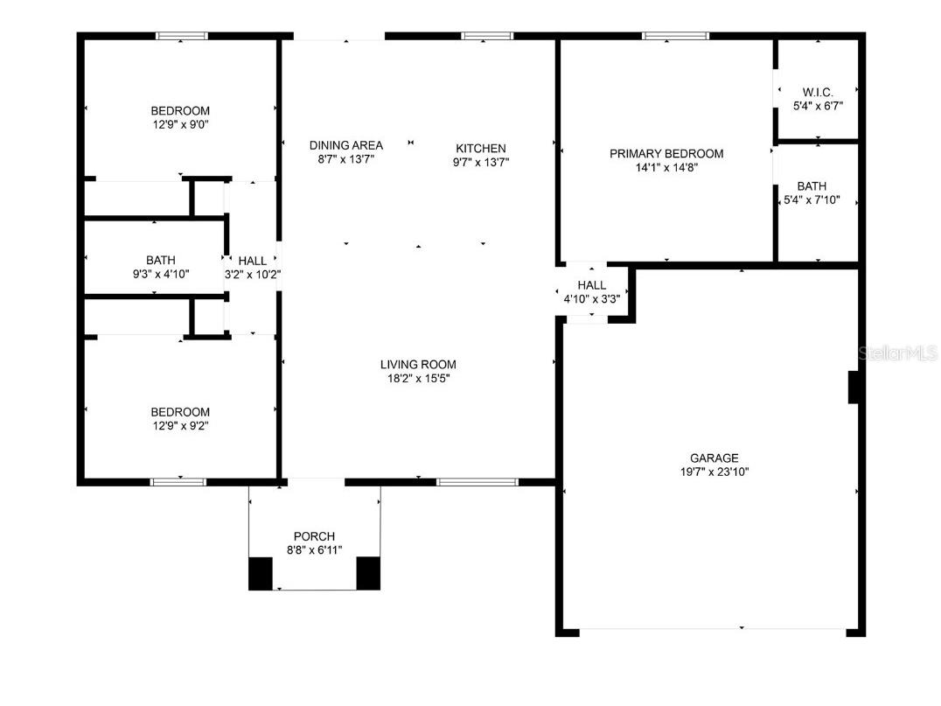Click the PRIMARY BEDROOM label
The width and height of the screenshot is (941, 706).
tap(666, 154)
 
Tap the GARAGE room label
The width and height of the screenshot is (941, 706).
tap(714, 458)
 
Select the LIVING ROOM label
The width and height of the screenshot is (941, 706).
tap(417, 365)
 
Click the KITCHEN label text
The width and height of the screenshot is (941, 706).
tap(480, 149)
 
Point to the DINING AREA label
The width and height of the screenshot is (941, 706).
tap(345, 145)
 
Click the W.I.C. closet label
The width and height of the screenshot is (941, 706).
tap(817, 92)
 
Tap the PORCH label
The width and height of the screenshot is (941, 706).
tap(314, 536)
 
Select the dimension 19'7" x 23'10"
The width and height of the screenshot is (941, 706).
tap(714, 472)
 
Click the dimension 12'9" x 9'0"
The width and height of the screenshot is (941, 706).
tap(180, 124)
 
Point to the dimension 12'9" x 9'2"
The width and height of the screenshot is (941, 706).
tap(180, 426)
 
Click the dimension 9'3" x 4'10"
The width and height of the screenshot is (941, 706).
tap(160, 274)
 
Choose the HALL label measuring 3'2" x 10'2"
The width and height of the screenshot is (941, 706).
tap(252, 261)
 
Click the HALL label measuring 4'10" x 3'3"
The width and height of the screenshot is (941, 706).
tap(591, 285)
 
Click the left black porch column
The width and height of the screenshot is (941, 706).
tap(261, 572)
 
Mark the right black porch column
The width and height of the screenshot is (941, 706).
tap(368, 572)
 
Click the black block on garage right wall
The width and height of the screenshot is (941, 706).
tap(854, 388)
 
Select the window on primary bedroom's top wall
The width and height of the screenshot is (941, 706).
tap(674, 36)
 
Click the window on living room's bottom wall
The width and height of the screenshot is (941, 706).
tap(477, 481)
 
